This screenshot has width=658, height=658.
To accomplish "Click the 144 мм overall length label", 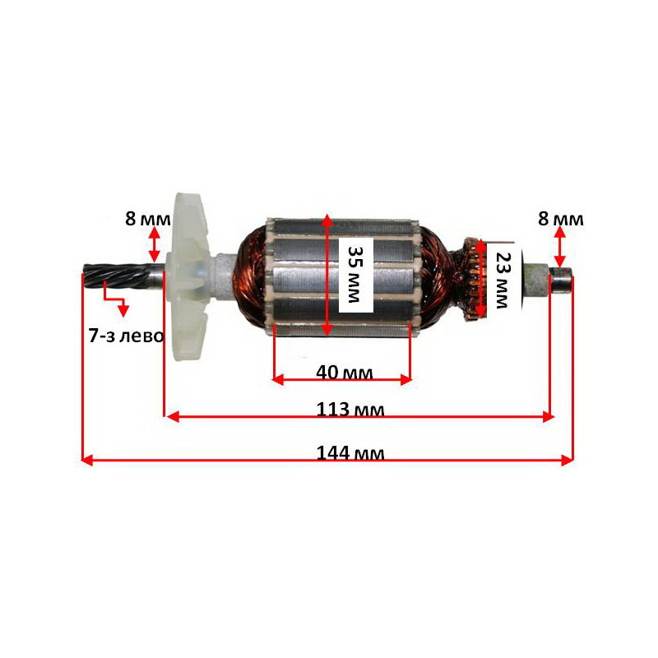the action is (x=350, y=454).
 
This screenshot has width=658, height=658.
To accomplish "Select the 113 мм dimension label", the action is (x=350, y=409).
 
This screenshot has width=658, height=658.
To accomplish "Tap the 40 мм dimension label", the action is (x=344, y=373).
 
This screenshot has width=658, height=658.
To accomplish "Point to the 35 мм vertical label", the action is (x=355, y=275).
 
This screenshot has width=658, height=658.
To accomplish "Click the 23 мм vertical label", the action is (x=502, y=280).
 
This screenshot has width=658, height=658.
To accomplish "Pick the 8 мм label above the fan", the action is (x=148, y=219).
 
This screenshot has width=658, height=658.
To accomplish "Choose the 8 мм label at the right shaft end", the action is (x=561, y=219).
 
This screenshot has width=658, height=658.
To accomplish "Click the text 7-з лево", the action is (x=127, y=336).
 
